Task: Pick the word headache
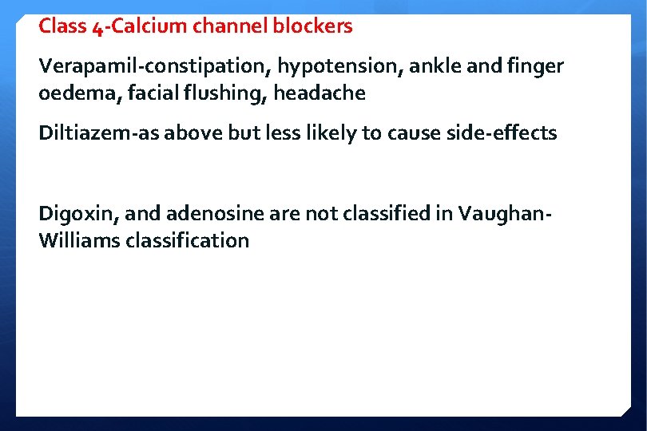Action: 320,93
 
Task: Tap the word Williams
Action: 79,240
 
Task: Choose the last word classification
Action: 188,240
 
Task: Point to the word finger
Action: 537,66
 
